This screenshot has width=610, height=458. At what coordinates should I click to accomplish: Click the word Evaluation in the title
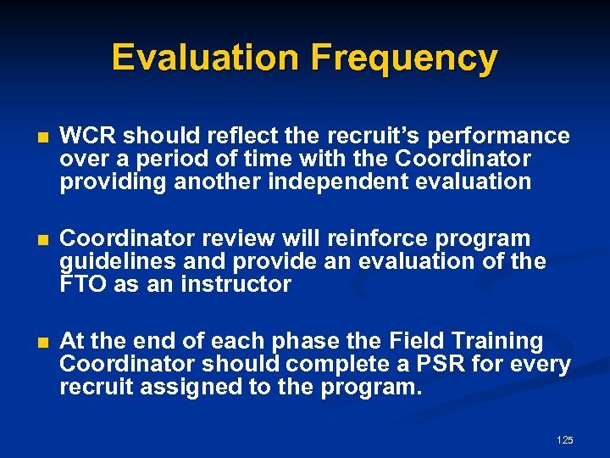coord(206,58)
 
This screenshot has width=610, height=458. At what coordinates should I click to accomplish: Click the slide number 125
coord(565,440)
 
